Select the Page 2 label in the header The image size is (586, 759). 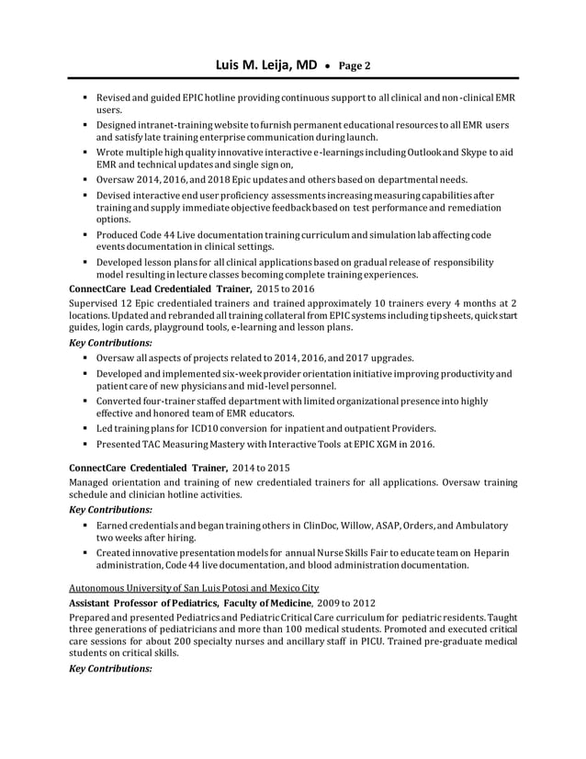tap(355, 66)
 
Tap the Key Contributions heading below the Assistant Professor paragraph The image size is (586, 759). tap(111, 668)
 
